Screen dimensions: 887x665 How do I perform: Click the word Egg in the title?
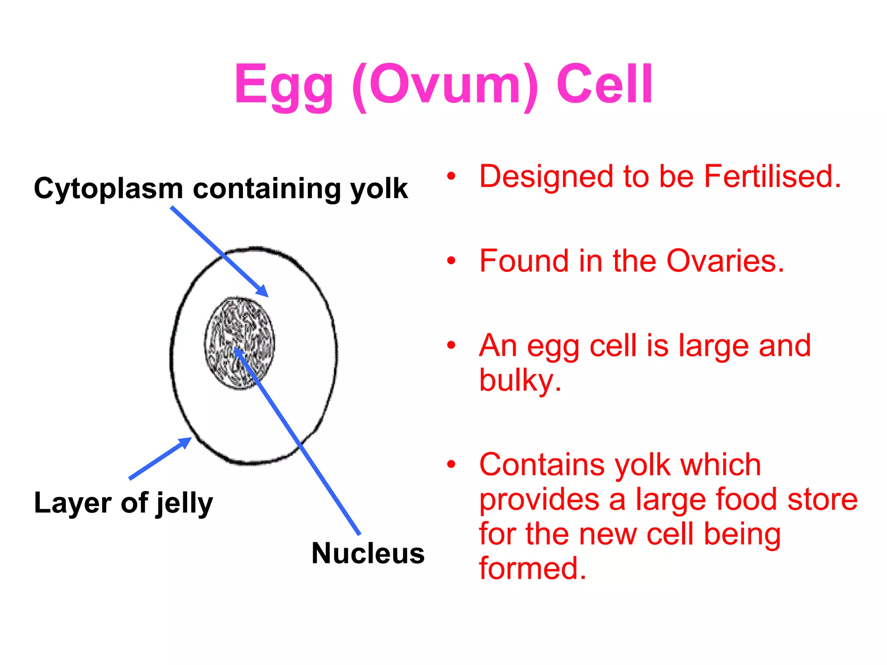(x=284, y=85)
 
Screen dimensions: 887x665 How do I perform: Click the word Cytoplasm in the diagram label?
(x=108, y=189)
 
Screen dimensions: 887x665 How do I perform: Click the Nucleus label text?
(x=368, y=553)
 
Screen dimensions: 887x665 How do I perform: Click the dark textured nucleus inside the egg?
(x=240, y=342)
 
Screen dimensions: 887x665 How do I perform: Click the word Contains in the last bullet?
(x=541, y=465)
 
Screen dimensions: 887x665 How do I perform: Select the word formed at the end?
(x=532, y=568)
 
